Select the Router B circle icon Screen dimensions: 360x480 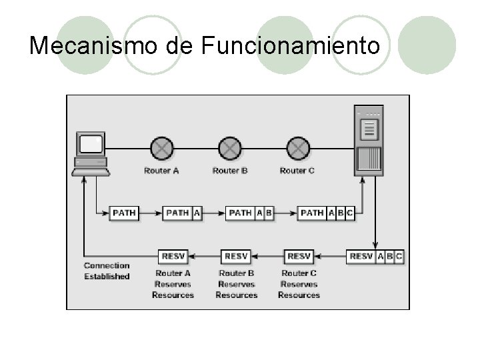tap(229, 148)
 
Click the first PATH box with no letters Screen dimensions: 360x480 tap(124, 213)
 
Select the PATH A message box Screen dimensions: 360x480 tap(182, 213)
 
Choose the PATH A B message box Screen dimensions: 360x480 tap(250, 213)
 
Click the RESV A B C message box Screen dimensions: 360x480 tap(375, 256)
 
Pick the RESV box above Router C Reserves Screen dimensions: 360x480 tap(299, 256)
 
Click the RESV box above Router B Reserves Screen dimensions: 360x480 tap(236, 256)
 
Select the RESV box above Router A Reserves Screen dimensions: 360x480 tap(173, 256)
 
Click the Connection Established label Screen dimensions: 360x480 tap(107, 271)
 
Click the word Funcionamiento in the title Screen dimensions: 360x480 tap(290, 45)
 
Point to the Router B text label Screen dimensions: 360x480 tap(230, 171)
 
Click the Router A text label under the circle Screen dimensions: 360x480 tap(161, 171)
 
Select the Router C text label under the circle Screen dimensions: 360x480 tap(297, 171)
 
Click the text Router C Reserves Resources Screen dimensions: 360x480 tap(299, 284)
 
